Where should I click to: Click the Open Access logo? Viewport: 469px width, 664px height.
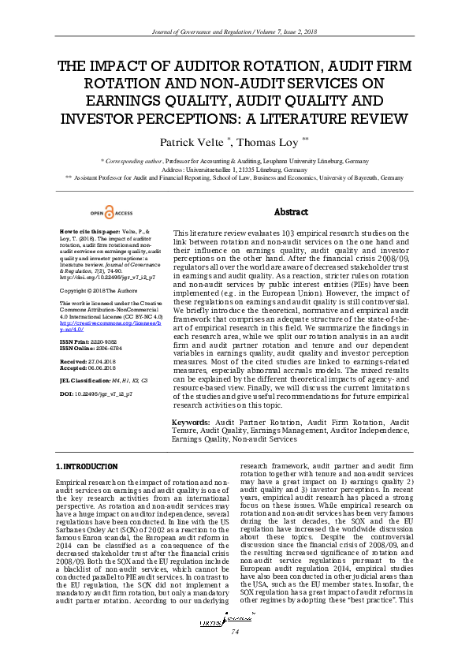(111, 213)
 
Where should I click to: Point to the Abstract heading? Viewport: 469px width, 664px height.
(290, 213)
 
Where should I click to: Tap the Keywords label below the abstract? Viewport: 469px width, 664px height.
(191, 423)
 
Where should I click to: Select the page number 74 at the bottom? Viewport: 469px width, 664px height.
(234, 632)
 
